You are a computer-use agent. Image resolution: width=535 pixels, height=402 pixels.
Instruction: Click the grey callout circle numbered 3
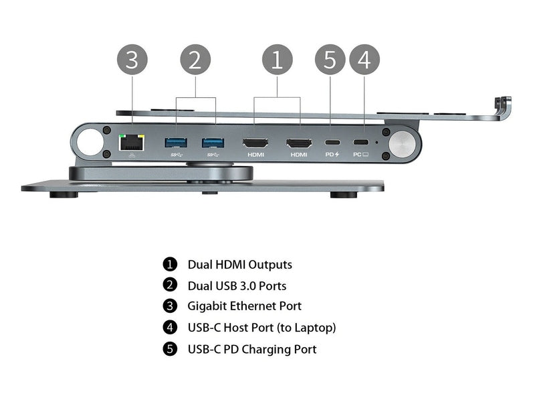(132, 60)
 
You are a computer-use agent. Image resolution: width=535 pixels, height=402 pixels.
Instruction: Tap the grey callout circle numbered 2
(195, 60)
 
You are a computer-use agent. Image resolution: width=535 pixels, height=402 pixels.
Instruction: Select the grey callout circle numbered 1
(277, 60)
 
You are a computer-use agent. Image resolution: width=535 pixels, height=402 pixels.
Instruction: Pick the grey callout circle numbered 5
(330, 60)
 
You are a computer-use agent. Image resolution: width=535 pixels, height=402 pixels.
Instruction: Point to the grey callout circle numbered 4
(364, 60)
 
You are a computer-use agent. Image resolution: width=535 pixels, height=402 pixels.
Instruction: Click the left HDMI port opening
(255, 143)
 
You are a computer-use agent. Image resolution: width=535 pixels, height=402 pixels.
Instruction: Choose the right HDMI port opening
(299, 143)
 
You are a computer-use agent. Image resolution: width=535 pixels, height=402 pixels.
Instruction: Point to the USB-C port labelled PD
(332, 143)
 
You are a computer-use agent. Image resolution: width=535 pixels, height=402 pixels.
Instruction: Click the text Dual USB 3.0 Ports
(237, 285)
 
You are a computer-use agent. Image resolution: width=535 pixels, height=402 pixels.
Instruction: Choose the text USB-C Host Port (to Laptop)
(261, 328)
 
